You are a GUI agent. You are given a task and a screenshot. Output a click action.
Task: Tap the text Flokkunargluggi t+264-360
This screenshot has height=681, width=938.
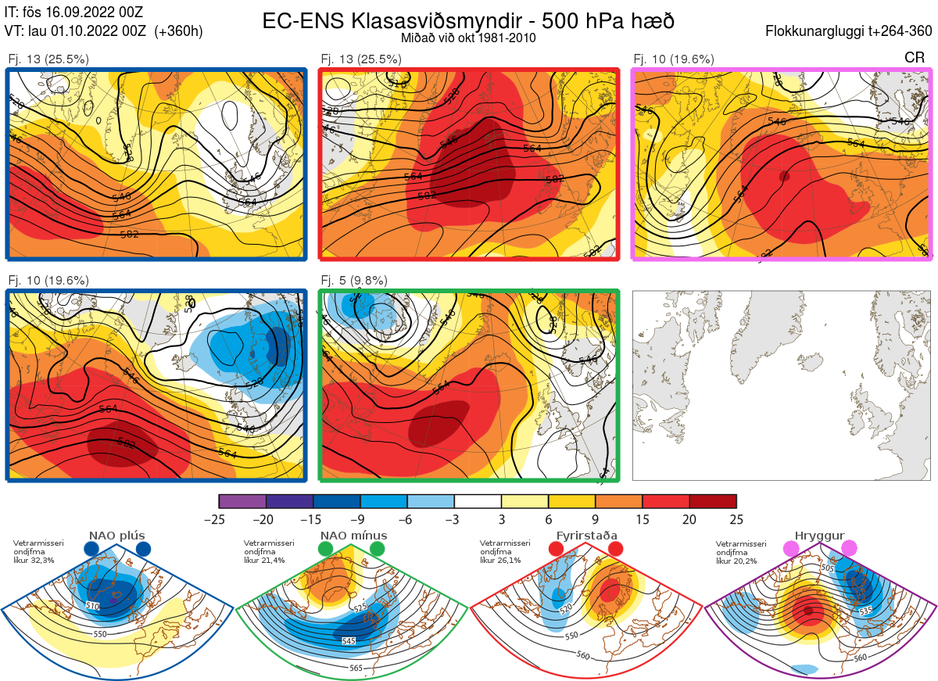click(x=850, y=31)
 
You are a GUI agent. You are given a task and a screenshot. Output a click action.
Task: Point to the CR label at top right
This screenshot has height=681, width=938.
click(x=914, y=58)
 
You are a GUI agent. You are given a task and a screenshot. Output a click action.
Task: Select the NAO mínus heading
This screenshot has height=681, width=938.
click(x=353, y=536)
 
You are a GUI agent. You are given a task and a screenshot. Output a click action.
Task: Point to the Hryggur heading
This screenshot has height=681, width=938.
click(x=819, y=536)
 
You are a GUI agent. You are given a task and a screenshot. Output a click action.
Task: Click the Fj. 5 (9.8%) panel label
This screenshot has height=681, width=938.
click(x=354, y=280)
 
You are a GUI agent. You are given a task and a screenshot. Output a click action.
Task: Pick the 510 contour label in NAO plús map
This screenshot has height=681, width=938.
click(x=93, y=605)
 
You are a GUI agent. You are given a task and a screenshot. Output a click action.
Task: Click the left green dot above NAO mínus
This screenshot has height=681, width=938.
click(x=326, y=550)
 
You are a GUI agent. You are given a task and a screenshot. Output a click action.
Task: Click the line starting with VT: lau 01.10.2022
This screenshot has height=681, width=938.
click(x=104, y=31)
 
